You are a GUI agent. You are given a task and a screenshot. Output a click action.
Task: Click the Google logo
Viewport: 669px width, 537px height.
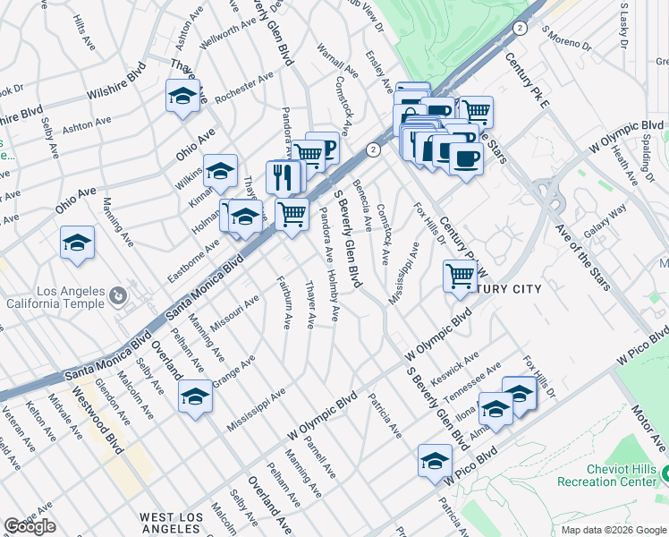tap(30, 526)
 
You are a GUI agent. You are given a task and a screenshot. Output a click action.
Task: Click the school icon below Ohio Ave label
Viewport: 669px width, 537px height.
tap(78, 243)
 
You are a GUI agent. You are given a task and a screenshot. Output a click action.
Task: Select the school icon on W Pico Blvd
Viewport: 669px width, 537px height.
tap(435, 462)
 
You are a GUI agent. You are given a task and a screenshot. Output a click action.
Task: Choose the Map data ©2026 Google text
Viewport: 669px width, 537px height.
tap(613, 530)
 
